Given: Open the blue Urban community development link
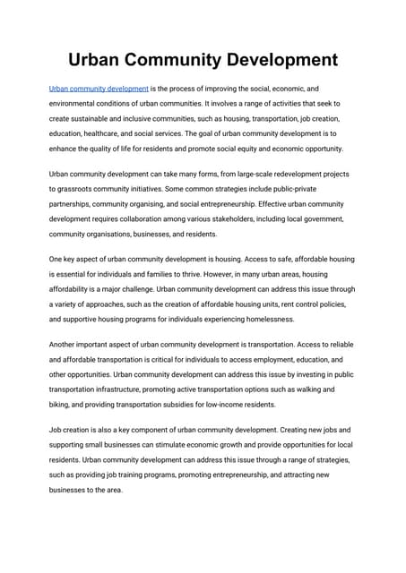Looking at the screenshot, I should (99, 90).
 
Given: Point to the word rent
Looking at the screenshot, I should (281, 304).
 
